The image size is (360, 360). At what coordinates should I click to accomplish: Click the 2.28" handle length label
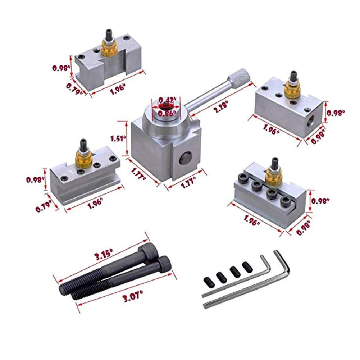221,106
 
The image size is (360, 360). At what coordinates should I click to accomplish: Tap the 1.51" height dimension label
118,138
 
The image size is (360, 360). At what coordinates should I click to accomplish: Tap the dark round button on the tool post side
186,158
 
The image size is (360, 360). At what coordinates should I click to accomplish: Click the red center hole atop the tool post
166,106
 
